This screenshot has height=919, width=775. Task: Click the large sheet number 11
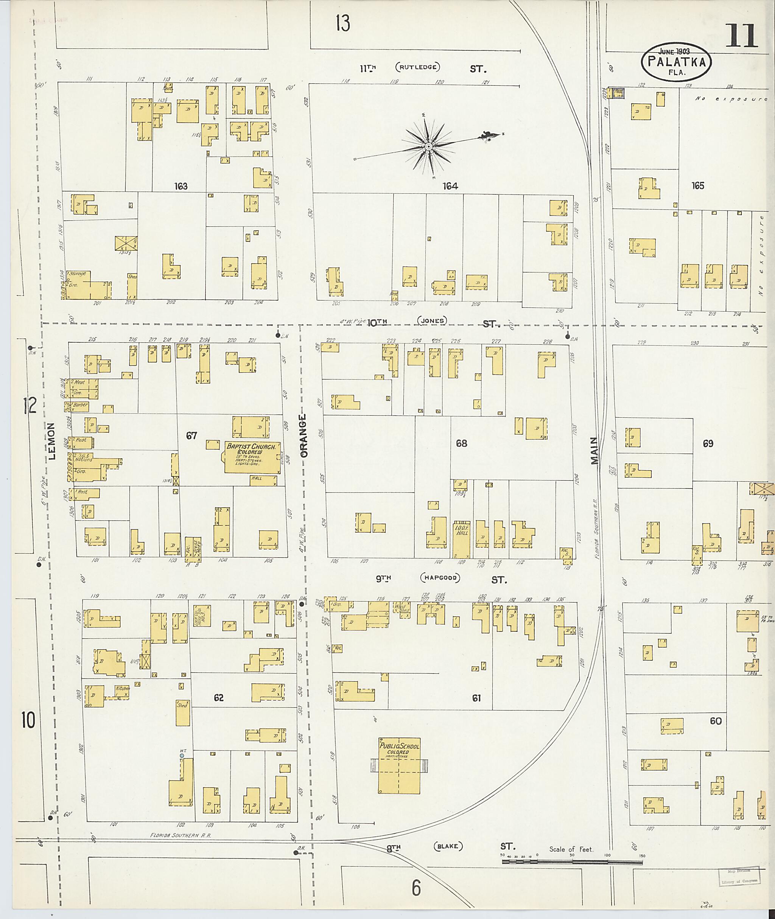pyautogui.click(x=742, y=36)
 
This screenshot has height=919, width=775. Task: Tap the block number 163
pyautogui.click(x=181, y=186)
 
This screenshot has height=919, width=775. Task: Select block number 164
pyautogui.click(x=450, y=186)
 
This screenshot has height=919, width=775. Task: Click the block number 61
pyautogui.click(x=476, y=698)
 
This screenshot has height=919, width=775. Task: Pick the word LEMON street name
pyautogui.click(x=52, y=441)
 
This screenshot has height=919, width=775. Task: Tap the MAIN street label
pyautogui.click(x=594, y=451)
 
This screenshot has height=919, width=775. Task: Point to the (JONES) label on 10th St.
pyautogui.click(x=432, y=321)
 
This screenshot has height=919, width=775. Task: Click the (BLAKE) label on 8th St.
pyautogui.click(x=448, y=846)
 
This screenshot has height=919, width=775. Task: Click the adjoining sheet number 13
pyautogui.click(x=343, y=23)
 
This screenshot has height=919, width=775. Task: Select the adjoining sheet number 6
pyautogui.click(x=416, y=888)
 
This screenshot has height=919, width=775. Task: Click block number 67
pyautogui.click(x=191, y=435)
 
